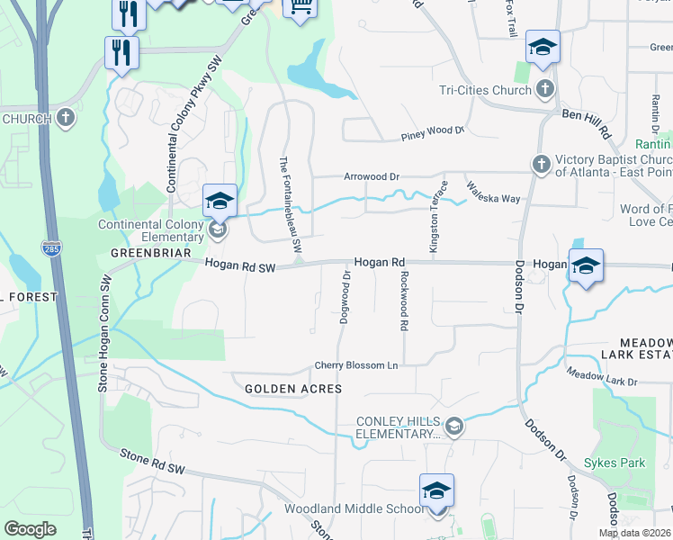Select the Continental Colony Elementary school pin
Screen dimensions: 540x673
point(220,202)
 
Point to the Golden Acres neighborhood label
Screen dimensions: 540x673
point(293,388)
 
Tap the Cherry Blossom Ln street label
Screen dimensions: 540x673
point(355,365)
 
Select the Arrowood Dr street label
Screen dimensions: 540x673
point(371,176)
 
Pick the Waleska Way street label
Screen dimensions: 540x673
point(492,193)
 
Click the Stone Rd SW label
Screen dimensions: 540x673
point(152,456)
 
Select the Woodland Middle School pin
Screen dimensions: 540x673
point(436,491)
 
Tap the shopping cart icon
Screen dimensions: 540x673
point(300,7)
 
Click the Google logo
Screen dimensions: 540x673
point(31,529)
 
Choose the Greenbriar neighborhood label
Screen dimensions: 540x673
point(151,253)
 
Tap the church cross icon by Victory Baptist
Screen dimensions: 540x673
point(541,164)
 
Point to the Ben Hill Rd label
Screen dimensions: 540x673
point(587,124)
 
